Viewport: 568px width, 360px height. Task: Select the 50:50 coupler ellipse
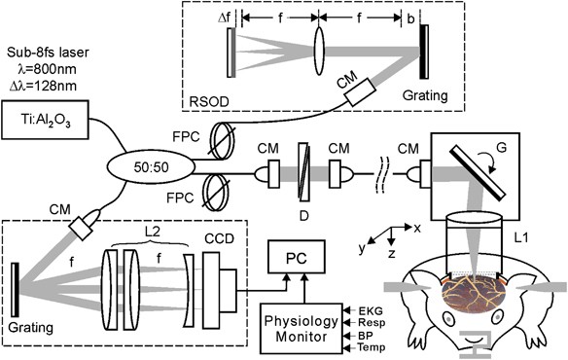pyautogui.click(x=151, y=166)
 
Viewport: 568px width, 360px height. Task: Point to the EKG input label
pyautogui.click(x=371, y=310)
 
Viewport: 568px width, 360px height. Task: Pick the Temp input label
pyautogui.click(x=372, y=347)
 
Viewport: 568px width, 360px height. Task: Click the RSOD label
pyautogui.click(x=209, y=102)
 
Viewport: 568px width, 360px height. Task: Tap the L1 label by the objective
pyautogui.click(x=521, y=237)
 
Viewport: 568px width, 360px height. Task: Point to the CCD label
pyautogui.click(x=219, y=239)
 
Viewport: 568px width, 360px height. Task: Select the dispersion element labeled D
pyautogui.click(x=303, y=171)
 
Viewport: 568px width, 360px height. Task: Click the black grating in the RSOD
pyautogui.click(x=424, y=52)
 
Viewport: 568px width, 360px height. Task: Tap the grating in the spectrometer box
pyautogui.click(x=15, y=290)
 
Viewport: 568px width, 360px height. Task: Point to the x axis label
pyautogui.click(x=417, y=228)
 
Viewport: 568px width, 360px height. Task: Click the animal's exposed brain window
pyautogui.click(x=473, y=293)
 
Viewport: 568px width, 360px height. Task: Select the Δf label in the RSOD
pyautogui.click(x=224, y=18)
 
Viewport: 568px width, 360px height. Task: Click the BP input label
pyautogui.click(x=366, y=336)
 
